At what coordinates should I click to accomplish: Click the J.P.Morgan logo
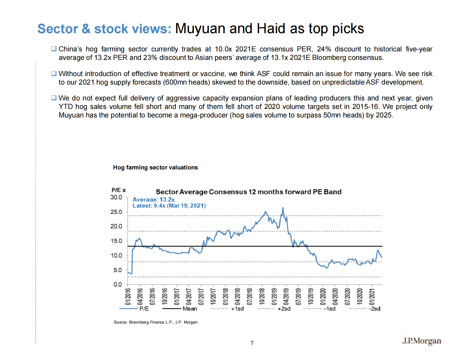[422, 341]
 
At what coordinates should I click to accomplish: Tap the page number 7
[252, 343]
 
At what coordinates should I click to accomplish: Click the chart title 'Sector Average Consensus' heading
[248, 192]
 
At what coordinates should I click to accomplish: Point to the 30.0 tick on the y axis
[116, 197]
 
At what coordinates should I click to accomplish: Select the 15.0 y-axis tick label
[116, 241]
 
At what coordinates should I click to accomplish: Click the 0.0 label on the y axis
[117, 284]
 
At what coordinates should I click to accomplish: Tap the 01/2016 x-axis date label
[128, 296]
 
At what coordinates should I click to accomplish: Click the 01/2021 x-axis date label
[372, 296]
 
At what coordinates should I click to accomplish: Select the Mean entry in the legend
[190, 309]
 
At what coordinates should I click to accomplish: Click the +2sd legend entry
[284, 309]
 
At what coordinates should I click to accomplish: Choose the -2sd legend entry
[375, 309]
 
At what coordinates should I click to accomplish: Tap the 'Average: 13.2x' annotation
[154, 200]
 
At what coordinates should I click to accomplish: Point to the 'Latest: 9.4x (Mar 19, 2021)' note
[169, 206]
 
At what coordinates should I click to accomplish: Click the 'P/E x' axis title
[119, 190]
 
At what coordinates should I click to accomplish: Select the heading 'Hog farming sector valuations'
[155, 167]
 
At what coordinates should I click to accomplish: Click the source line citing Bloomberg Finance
[155, 322]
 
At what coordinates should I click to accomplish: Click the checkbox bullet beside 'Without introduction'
[54, 73]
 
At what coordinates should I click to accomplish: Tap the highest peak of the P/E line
[283, 208]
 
